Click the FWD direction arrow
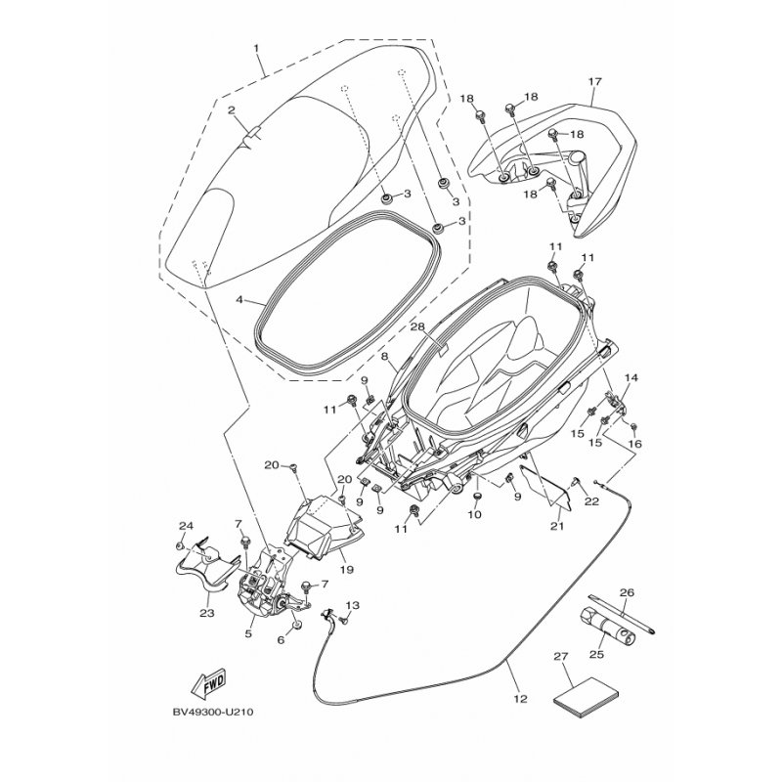[206, 680]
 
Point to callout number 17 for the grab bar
[592, 81]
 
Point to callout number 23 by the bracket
[206, 613]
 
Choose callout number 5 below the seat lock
[248, 633]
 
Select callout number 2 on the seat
[232, 110]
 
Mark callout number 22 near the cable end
[590, 502]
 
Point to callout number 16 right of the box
[635, 444]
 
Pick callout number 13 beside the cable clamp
[353, 605]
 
